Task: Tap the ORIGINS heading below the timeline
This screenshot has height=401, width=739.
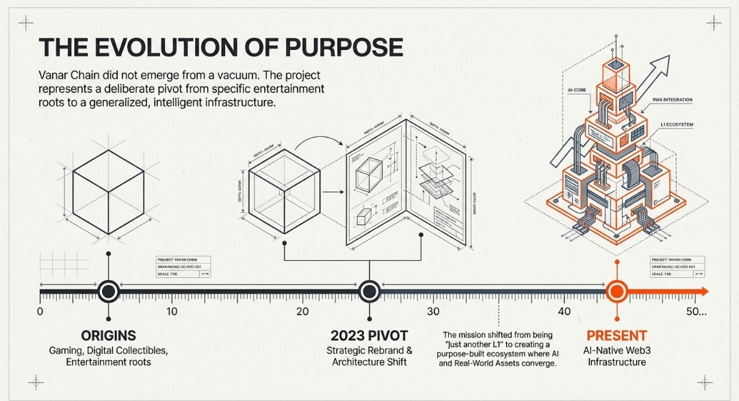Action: (108, 335)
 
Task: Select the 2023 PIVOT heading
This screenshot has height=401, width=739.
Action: (369, 335)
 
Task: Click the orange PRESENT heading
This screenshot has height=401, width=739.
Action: (617, 335)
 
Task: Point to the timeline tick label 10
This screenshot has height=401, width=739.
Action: (171, 312)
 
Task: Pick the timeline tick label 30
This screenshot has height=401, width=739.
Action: (433, 312)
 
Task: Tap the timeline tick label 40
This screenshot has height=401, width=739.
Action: (565, 312)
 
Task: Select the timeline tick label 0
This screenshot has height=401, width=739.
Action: (40, 312)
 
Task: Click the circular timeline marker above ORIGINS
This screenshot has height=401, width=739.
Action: (107, 292)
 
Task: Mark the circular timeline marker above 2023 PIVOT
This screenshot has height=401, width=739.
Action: (369, 292)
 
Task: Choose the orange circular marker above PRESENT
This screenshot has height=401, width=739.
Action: (617, 292)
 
